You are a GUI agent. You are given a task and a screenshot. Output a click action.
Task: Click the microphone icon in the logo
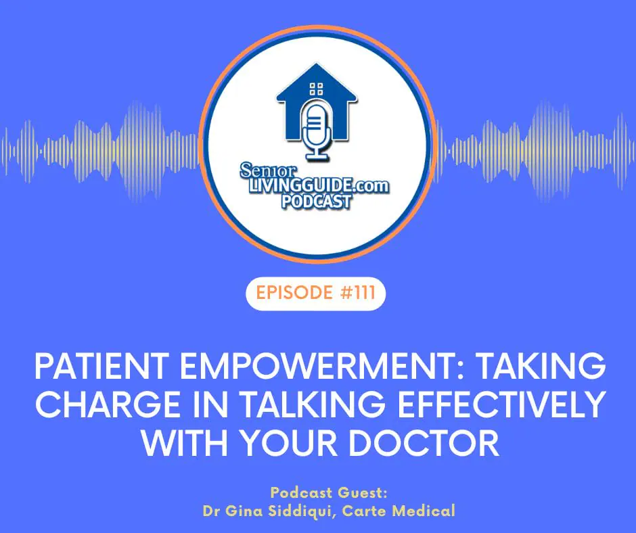pyautogui.click(x=317, y=131)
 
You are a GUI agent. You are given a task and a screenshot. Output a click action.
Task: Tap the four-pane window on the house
pyautogui.click(x=317, y=89)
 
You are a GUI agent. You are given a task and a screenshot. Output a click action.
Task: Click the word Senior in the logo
pyautogui.click(x=268, y=171)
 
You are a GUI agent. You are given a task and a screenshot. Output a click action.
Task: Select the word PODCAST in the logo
pyautogui.click(x=317, y=202)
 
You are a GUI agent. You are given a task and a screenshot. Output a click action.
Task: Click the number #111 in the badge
pyautogui.click(x=358, y=292)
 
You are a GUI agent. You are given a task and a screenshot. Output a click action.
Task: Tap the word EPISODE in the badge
pyautogui.click(x=294, y=292)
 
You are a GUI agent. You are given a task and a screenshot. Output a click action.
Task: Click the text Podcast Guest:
pyautogui.click(x=329, y=493)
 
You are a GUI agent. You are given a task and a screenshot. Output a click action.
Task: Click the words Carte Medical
pyautogui.click(x=399, y=511)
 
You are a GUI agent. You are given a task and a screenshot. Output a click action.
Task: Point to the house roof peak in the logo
pyautogui.click(x=317, y=64)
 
